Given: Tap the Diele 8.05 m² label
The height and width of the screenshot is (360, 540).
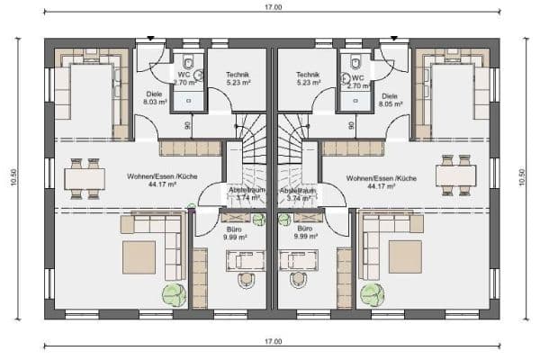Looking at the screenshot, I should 390,99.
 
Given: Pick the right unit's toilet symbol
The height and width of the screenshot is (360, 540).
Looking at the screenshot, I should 356,63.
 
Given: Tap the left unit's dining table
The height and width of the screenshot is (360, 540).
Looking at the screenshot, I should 84,177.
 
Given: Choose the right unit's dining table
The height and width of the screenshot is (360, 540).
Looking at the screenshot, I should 454,175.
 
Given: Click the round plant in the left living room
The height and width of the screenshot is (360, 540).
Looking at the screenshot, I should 174,294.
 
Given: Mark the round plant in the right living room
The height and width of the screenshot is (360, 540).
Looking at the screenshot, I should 370,294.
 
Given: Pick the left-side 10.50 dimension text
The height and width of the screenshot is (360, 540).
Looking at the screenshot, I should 14,179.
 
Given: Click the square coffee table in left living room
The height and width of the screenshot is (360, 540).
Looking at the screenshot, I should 139,256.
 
